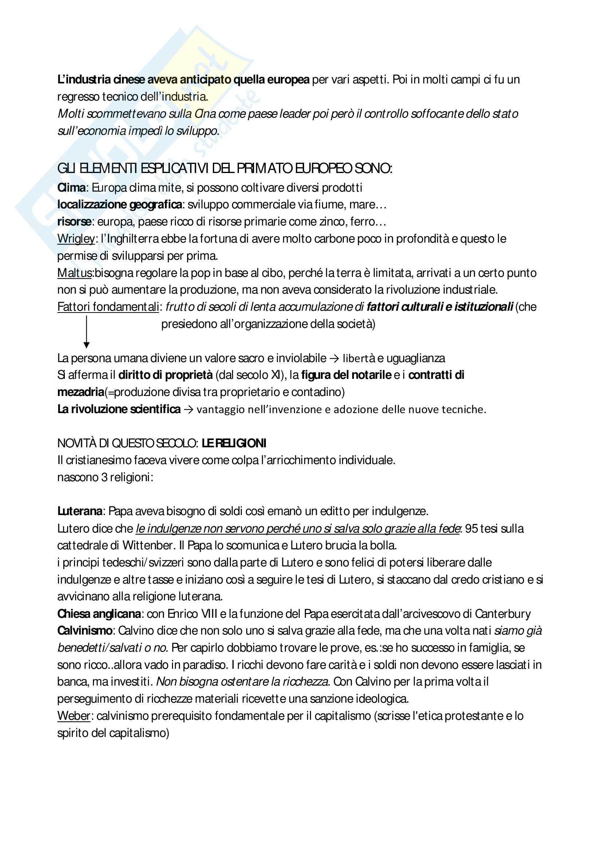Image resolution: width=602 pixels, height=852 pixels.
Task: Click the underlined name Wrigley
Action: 76,239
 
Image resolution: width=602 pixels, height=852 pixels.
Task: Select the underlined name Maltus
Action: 75,273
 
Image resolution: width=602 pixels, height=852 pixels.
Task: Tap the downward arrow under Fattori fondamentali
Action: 86,331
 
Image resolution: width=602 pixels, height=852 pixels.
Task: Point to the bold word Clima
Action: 72,188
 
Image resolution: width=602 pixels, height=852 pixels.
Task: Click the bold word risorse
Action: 74,222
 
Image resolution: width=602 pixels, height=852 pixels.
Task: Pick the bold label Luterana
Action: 80,511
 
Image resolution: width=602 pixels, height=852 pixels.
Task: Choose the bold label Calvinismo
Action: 85,631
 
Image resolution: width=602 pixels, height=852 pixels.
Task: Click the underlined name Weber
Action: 74,716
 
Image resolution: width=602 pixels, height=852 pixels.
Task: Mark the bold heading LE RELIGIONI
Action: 234,443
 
